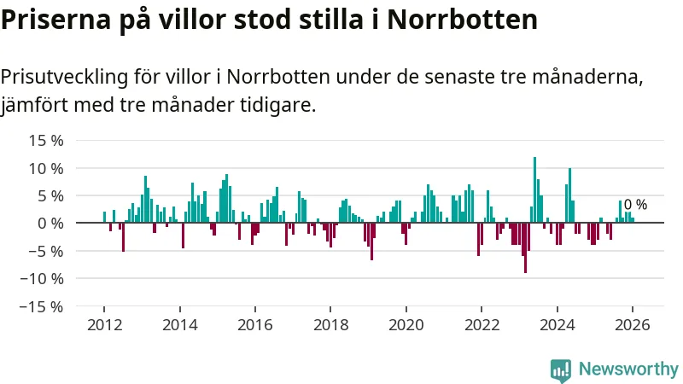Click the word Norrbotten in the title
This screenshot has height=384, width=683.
pos(462,20)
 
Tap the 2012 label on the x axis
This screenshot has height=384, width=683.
pos(104,325)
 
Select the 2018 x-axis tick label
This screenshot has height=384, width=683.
pos(330,325)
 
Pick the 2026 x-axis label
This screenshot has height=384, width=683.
pos(632,325)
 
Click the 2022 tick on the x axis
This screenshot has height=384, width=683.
pos(482,325)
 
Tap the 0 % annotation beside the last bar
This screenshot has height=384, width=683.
pos(635,205)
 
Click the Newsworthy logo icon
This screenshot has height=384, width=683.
pos(561,369)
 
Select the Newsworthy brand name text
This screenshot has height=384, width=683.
pos(628,369)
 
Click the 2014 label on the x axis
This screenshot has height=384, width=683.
pos(179,325)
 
